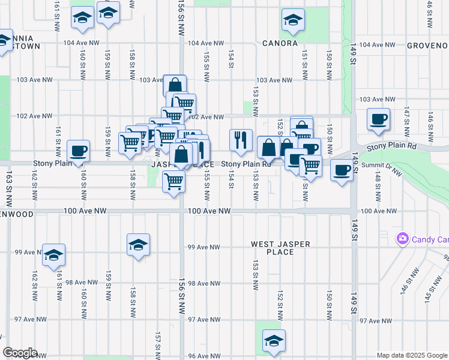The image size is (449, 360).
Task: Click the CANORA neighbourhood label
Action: (280, 44)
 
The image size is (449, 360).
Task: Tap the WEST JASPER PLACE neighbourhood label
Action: (280, 248)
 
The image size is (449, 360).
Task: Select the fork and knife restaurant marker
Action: (241, 140)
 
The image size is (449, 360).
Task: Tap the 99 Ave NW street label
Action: (204, 247)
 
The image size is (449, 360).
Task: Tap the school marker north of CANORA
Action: (292, 22)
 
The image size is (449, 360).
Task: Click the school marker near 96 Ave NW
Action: (274, 341)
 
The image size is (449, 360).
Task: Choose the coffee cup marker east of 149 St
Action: (378, 119)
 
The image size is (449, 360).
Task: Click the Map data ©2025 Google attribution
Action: (411, 355)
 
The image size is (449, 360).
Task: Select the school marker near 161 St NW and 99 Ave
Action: (53, 254)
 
